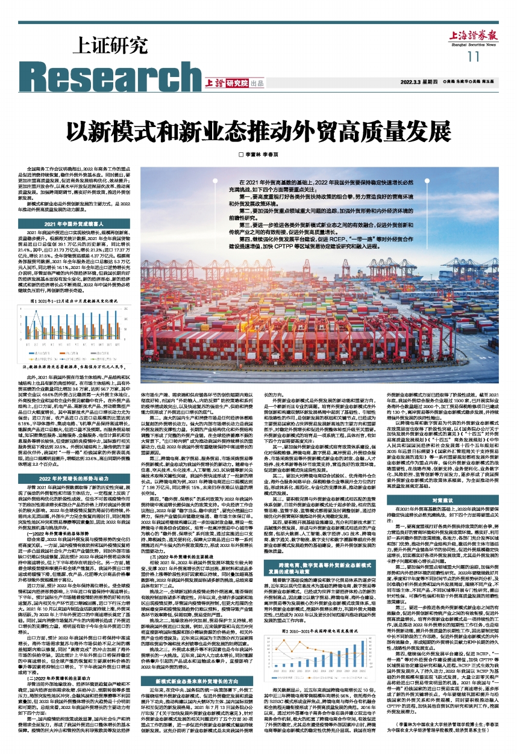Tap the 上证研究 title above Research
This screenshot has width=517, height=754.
point(111,45)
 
